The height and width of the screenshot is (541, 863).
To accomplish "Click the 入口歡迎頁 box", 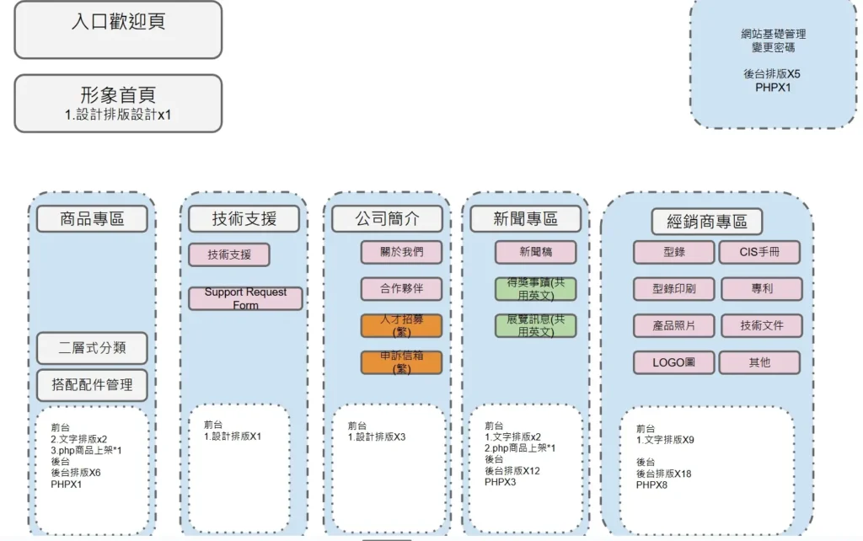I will pyautogui.click(x=118, y=29).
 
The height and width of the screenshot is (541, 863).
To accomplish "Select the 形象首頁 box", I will pyautogui.click(x=118, y=103).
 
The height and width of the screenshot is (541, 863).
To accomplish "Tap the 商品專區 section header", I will pyautogui.click(x=92, y=219).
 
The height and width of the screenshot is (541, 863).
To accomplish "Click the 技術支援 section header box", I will pyautogui.click(x=244, y=219).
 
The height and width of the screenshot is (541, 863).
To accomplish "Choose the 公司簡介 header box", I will pyautogui.click(x=387, y=219).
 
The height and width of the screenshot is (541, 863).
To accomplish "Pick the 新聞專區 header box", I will pyautogui.click(x=525, y=219).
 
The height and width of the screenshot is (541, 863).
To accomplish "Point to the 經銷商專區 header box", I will pyautogui.click(x=707, y=222).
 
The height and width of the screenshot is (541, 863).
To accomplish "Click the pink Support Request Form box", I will pyautogui.click(x=245, y=298).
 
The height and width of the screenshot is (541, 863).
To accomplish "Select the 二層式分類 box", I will pyautogui.click(x=92, y=348).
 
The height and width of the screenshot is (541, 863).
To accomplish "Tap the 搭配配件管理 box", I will pyautogui.click(x=92, y=384).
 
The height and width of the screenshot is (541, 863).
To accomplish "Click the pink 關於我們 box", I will pyautogui.click(x=401, y=252).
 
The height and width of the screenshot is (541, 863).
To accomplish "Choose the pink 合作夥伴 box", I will pyautogui.click(x=401, y=289).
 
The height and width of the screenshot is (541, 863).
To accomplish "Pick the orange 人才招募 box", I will pyautogui.click(x=401, y=326).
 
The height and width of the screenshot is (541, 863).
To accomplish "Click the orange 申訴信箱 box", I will pyautogui.click(x=401, y=362).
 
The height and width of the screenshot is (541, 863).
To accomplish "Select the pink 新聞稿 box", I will pyautogui.click(x=535, y=252).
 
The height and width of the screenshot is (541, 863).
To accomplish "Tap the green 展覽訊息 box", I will pyautogui.click(x=535, y=325).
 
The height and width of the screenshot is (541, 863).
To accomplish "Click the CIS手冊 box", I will pyautogui.click(x=759, y=252).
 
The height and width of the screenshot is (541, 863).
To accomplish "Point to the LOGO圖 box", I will pyautogui.click(x=673, y=362).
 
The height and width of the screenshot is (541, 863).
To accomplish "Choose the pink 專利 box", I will pyautogui.click(x=761, y=289).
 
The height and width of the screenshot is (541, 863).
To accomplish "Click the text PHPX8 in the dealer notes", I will pyautogui.click(x=651, y=485).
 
